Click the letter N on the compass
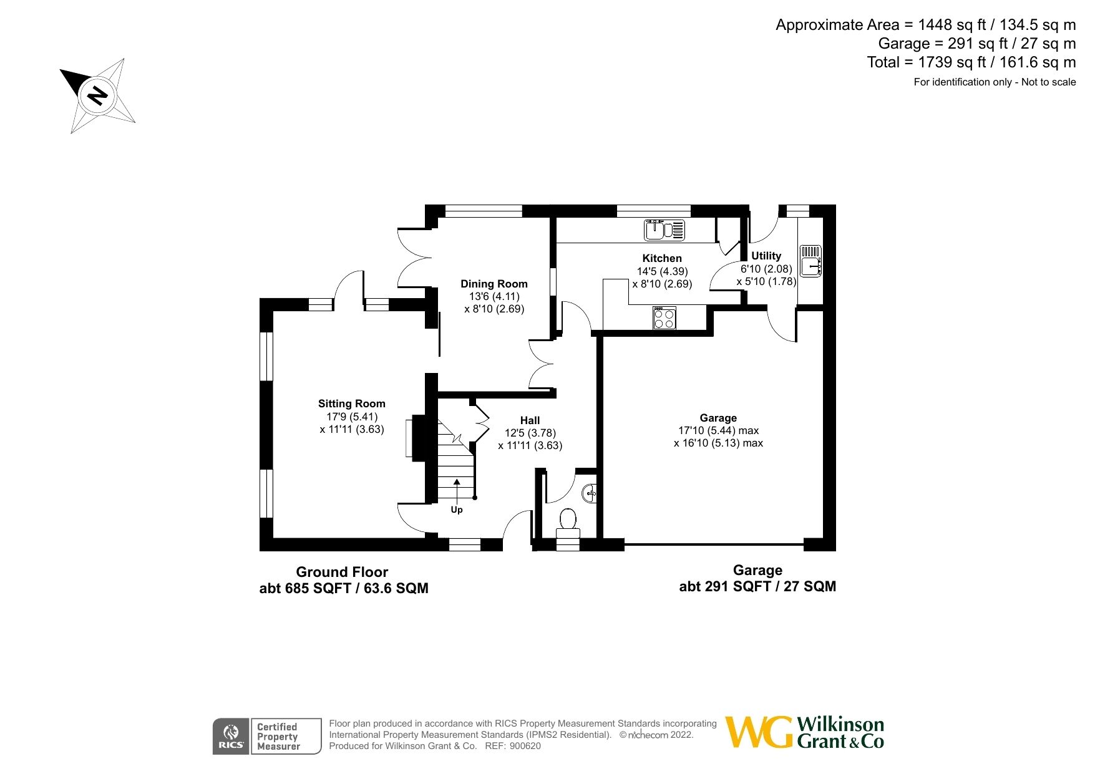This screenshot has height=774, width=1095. coord(97,95)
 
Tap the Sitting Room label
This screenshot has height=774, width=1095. coord(351,404)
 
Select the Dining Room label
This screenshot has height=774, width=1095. coord(494,284)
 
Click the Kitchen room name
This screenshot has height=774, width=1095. coord(661,258)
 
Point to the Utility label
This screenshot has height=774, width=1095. coord(766,256)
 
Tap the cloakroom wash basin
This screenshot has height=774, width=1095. coord(590,494)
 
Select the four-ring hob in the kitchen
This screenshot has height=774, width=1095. coord(664,318)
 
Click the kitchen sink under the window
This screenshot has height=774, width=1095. coord(664,230)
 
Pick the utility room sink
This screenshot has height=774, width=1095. coord(810,261)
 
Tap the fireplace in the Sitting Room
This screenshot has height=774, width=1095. coord(414,438)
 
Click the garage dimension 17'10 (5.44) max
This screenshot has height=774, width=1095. coord(718,430)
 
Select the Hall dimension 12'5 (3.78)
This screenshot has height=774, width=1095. coord(530,433)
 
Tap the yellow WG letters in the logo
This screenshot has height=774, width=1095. coord(759,732)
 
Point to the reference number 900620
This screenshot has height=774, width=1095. coord(525,746)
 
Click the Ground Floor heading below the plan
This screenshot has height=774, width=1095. coord(342,572)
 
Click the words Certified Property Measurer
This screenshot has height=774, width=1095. coord(278,737)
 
